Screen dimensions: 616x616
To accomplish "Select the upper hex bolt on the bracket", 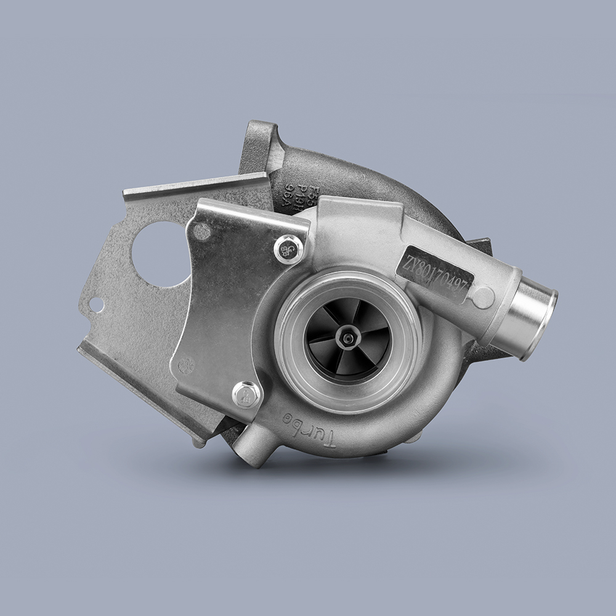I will [x=288, y=249].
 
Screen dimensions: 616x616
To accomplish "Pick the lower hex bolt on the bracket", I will [x=247, y=394].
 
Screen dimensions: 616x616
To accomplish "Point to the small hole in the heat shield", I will [x=96, y=304].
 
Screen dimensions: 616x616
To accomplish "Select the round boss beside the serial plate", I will [x=484, y=298].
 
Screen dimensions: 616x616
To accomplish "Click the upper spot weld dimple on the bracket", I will [x=201, y=232].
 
